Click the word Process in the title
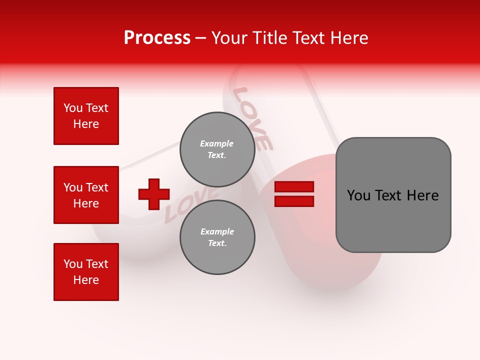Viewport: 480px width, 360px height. tap(157, 38)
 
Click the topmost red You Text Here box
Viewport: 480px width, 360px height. tap(86, 116)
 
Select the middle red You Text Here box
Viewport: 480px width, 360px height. tap(86, 195)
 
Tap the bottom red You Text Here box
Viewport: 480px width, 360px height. tap(86, 272)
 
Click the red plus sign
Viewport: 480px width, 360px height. tap(154, 194)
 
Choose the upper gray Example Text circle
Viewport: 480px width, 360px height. tap(217, 149)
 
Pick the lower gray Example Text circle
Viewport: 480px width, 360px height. tap(217, 237)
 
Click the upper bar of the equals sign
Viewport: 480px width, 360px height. tap(294, 187)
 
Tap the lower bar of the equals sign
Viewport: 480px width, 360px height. tap(294, 201)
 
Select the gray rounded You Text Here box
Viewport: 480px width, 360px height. tap(393, 195)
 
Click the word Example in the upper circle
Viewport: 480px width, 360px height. tap(217, 143)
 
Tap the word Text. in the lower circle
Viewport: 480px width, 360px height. tap(217, 243)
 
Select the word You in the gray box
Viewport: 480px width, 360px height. tap(358, 195)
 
